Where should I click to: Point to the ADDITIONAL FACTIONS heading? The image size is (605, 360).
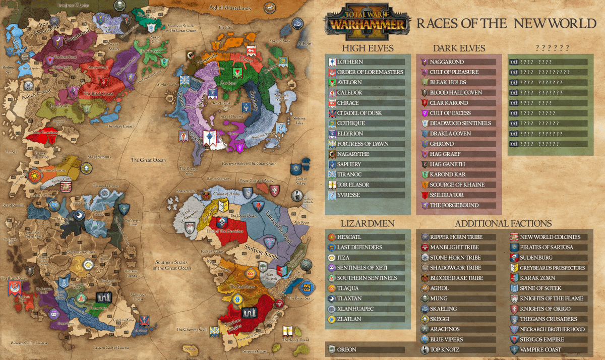(503, 223)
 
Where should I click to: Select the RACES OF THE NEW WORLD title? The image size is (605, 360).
(506, 23)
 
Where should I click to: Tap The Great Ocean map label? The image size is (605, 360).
(148, 160)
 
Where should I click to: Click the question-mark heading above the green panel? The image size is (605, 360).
(552, 48)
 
